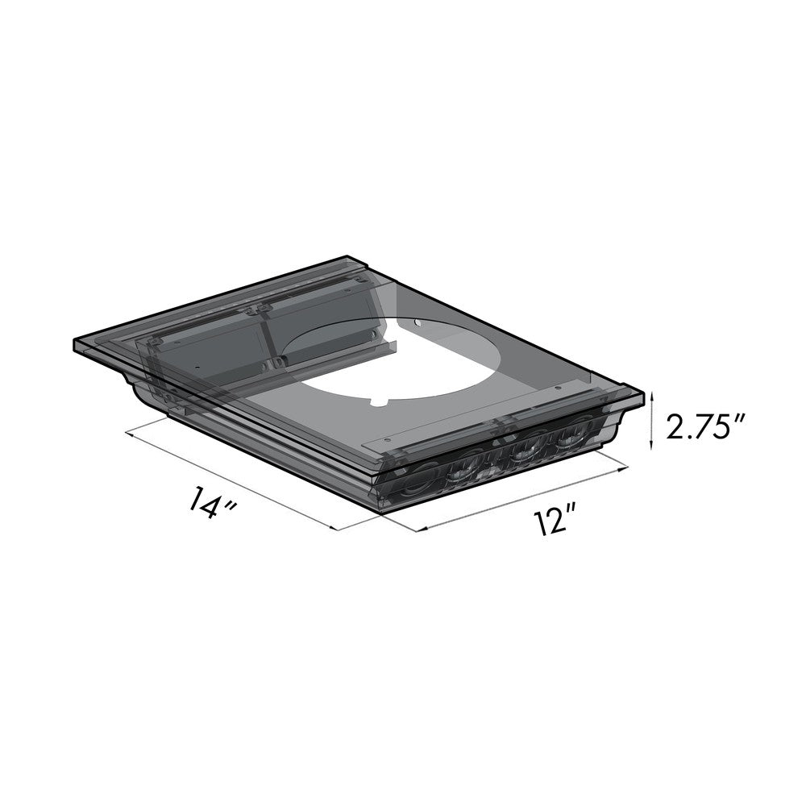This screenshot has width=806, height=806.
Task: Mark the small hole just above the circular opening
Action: [x=418, y=323]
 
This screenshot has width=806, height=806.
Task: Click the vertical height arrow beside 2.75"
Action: [x=652, y=420]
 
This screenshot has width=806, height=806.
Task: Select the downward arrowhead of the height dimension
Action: [x=652, y=446]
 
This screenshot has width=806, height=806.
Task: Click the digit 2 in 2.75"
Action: [x=675, y=427]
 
